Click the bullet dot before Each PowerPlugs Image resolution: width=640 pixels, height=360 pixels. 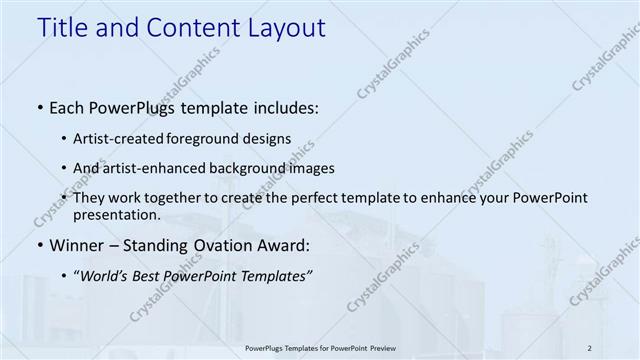pos(39,106)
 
